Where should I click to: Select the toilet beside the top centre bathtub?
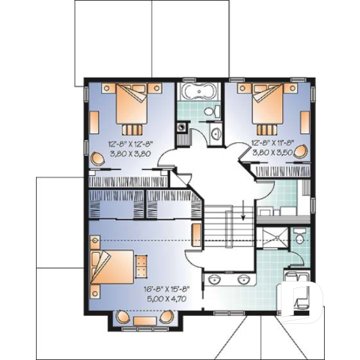[213, 111]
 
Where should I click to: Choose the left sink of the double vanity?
[214, 279]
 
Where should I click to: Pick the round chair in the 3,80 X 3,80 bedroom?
[98, 156]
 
